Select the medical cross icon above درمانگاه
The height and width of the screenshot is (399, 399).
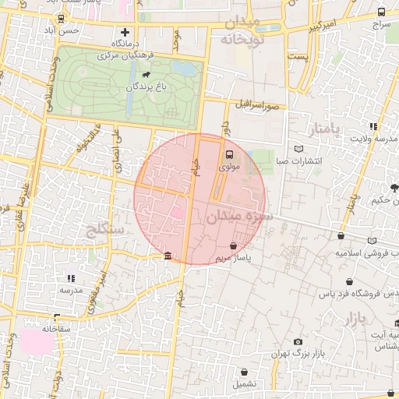[124, 32]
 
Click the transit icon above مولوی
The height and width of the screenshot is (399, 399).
[229, 154]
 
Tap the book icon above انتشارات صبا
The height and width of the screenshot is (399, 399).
[300, 150]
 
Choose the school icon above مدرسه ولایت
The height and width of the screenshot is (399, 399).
[373, 126]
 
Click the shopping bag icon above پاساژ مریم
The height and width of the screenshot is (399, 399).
[233, 245]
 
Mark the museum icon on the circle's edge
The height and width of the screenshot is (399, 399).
[168, 256]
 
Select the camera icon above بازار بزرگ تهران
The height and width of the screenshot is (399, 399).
[298, 341]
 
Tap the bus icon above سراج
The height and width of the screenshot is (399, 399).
[380, 12]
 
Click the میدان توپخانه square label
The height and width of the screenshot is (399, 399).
[243, 30]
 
